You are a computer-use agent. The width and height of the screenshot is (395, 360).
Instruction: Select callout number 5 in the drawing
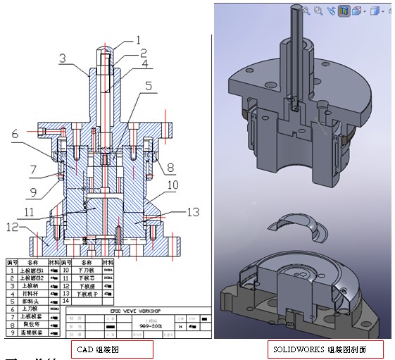(148, 87)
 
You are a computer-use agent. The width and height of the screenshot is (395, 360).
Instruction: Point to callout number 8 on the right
(170, 166)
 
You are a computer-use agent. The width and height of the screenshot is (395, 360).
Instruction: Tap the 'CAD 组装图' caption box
(113, 348)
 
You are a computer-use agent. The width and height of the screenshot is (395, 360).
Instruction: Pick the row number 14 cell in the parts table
(66, 300)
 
